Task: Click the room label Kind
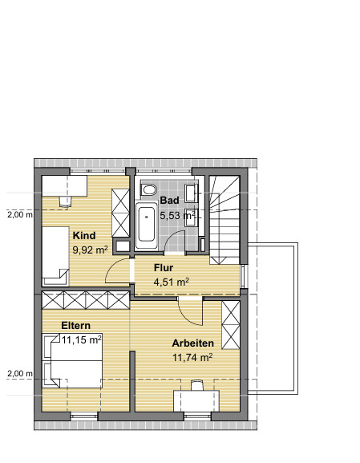(x=84, y=236)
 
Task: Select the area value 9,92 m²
(x=90, y=250)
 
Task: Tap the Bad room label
(x=169, y=201)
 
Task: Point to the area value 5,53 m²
(x=177, y=216)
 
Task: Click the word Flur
(x=164, y=267)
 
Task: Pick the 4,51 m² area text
(x=171, y=282)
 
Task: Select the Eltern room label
(x=75, y=325)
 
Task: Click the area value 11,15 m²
(x=81, y=340)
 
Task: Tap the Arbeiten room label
(x=192, y=343)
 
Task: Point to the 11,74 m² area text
(x=192, y=358)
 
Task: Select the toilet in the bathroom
(x=148, y=190)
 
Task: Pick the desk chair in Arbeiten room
(x=196, y=386)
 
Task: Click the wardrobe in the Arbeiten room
(x=231, y=324)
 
